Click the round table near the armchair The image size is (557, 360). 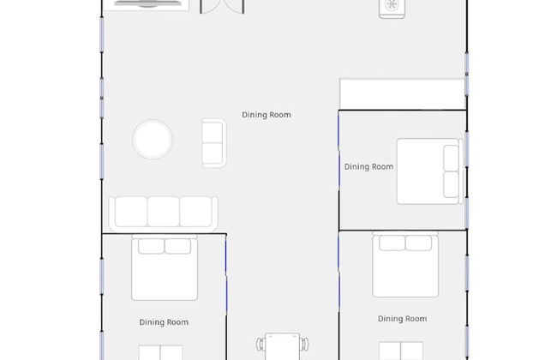[153, 140]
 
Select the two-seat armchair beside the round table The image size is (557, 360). [214, 143]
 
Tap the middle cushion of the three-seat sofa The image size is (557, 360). [164, 212]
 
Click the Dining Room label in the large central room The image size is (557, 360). [267, 115]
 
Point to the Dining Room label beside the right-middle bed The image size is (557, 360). [368, 166]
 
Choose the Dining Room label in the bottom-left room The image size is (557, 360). [164, 322]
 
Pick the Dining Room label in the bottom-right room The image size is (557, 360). [403, 319]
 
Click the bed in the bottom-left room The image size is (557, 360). [165, 267]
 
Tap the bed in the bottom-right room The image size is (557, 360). [405, 264]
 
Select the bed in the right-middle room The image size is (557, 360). [430, 171]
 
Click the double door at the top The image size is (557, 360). [222, 7]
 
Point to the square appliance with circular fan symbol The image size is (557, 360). [392, 9]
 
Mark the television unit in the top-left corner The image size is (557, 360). [147, 4]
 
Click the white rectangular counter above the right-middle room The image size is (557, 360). [403, 93]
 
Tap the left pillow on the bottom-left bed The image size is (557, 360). [151, 246]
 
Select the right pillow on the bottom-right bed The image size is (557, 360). [419, 243]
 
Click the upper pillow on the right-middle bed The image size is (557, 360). [451, 158]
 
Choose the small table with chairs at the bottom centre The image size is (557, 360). [283, 346]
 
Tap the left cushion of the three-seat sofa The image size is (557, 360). [131, 212]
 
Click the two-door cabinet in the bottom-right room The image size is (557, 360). [401, 351]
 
